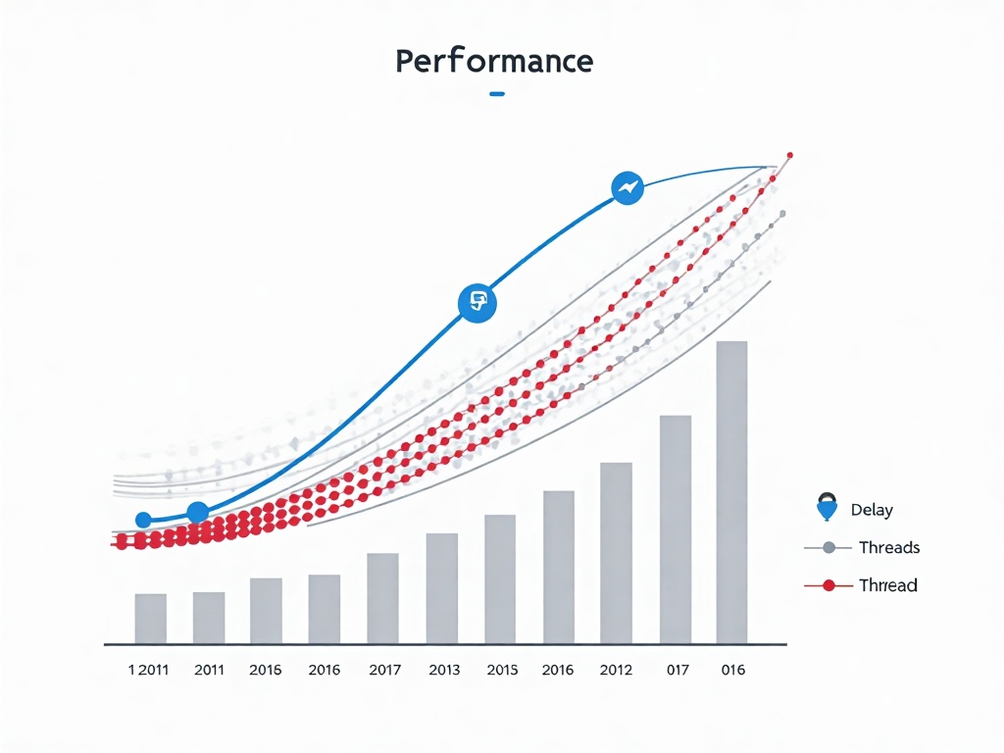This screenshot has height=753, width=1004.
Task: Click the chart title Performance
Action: (494, 62)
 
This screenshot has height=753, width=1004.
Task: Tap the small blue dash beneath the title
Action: (496, 94)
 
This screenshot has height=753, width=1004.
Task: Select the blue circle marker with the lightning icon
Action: (627, 187)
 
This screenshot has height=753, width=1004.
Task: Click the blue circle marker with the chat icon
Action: (478, 301)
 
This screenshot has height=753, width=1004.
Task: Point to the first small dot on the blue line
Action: (143, 520)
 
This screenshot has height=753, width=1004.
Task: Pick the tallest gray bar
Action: (731, 491)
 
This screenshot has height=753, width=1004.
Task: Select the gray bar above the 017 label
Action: (675, 528)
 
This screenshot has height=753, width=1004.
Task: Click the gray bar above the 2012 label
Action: (616, 552)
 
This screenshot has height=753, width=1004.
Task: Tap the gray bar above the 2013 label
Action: (442, 587)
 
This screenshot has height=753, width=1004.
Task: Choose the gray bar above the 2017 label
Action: (382, 597)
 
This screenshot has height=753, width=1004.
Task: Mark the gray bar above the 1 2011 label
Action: (150, 618)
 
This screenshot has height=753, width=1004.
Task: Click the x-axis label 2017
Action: (384, 671)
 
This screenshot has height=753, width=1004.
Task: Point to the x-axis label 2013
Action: (445, 671)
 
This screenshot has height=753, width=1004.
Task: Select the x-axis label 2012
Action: (616, 671)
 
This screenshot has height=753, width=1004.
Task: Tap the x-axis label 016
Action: (732, 671)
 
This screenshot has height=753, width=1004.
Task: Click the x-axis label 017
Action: (677, 671)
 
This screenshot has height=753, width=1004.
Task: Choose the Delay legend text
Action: (872, 510)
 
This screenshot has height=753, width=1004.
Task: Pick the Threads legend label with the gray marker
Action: (888, 547)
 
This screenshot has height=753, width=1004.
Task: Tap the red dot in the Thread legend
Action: (828, 585)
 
